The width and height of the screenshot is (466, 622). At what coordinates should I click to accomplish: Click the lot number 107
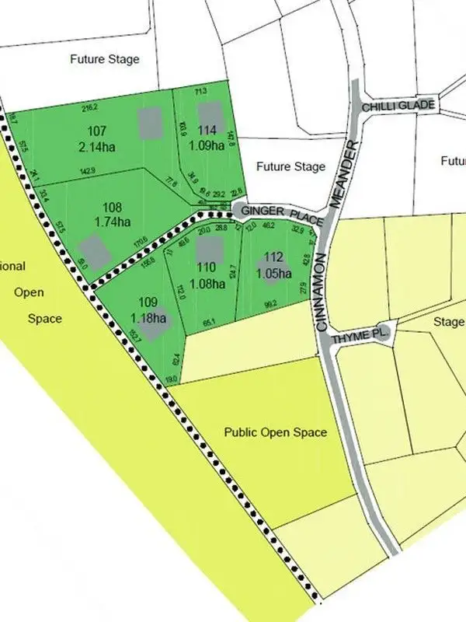tap(97, 131)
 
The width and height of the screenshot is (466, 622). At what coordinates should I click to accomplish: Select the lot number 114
tap(207, 130)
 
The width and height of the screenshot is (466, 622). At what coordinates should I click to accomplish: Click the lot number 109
tap(148, 302)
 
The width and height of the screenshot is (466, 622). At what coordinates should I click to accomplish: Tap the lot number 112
tap(273, 257)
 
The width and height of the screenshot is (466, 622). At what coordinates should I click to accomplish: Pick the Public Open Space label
tap(276, 432)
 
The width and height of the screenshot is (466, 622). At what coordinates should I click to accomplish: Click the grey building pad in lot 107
tap(149, 121)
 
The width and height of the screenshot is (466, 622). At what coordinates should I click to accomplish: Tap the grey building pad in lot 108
tap(95, 250)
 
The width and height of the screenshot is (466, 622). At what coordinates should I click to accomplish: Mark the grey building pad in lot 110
tap(209, 250)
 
